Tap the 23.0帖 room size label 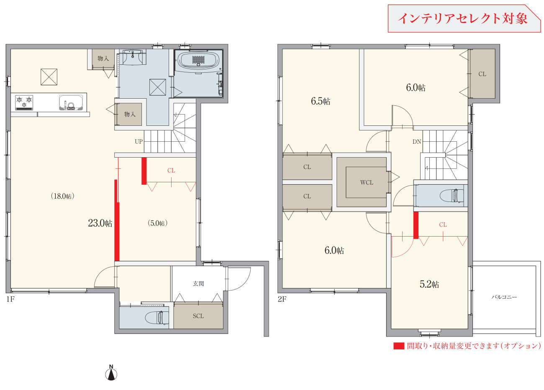[x=100, y=223]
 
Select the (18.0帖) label [x=62, y=196]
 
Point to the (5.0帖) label [x=158, y=223]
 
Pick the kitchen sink [x=71, y=103]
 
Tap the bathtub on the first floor [x=199, y=60]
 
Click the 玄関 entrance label [x=198, y=283]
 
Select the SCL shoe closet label [x=198, y=316]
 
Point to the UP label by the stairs [x=139, y=142]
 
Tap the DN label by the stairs [x=417, y=142]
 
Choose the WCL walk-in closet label [x=367, y=182]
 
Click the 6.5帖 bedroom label [x=321, y=101]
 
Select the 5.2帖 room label [x=429, y=284]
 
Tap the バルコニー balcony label [x=504, y=297]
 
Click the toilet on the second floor [x=452, y=196]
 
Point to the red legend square [x=399, y=346]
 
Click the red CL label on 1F [x=171, y=171]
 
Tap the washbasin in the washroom [x=133, y=57]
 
